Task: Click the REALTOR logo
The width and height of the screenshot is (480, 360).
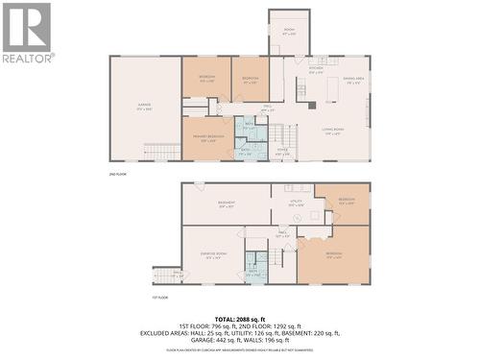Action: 27,33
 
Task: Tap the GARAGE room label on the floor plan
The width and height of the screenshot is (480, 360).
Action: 145,108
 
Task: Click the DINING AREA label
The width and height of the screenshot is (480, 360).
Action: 351,82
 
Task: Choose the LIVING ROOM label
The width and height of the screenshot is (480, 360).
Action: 333,132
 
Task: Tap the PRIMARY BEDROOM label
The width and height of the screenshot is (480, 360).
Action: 207,139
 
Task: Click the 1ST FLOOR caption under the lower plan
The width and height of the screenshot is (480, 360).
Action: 161,299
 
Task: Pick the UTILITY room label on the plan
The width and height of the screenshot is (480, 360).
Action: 297,203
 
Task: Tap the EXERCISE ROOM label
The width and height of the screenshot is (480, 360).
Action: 213,254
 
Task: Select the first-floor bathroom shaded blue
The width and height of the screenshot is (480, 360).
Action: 255,266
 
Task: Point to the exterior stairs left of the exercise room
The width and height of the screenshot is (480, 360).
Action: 167,276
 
